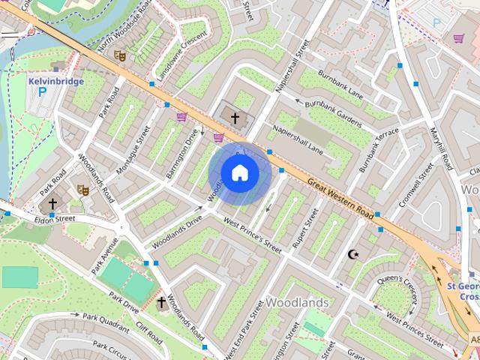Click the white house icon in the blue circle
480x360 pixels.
239,173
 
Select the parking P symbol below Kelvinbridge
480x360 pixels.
42,93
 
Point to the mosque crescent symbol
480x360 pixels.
354,254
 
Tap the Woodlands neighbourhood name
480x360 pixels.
297,302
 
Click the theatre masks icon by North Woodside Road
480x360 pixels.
118,55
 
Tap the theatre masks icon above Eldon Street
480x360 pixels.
83,191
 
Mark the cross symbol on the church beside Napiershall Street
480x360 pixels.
235,118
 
